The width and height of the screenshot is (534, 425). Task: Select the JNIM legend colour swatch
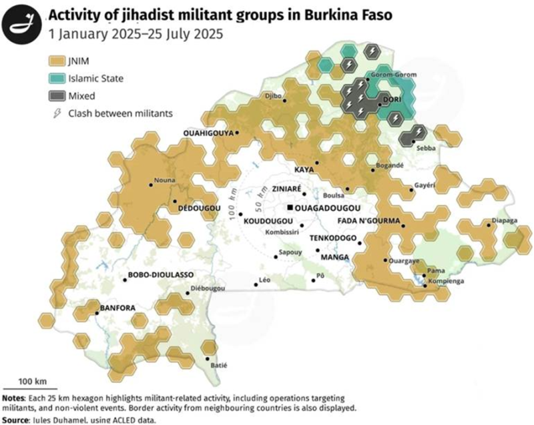click(x=57, y=63)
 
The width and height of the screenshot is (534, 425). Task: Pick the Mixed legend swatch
click(x=57, y=95)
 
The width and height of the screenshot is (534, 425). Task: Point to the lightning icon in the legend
click(x=57, y=113)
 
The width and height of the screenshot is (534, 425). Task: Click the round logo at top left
click(x=21, y=21)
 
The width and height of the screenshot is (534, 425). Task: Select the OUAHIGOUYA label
click(x=208, y=133)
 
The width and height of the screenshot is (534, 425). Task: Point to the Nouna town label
click(x=165, y=180)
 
